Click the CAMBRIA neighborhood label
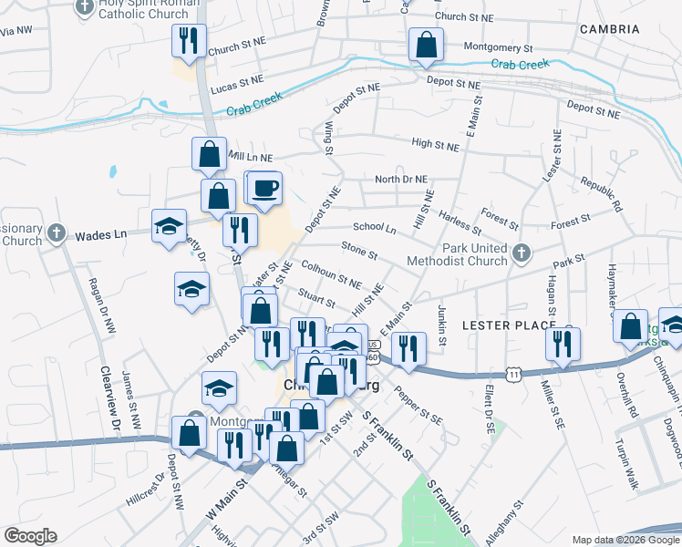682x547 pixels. (609, 29)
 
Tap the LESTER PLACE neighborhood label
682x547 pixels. (508, 325)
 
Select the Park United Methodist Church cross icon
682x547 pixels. (521, 253)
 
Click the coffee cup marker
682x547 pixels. (265, 188)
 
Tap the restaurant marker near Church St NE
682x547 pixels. (188, 39)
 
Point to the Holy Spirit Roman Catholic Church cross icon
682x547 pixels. (85, 8)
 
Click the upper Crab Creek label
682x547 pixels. (520, 64)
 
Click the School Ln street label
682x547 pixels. (374, 227)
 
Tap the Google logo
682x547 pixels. (31, 536)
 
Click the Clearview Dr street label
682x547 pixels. (106, 401)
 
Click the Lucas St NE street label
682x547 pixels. (236, 88)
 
